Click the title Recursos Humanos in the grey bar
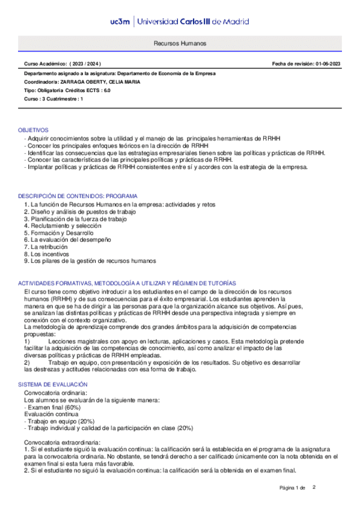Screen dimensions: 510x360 (180, 45)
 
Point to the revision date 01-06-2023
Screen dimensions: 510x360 (327, 63)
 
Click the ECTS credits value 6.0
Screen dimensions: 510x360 (106, 90)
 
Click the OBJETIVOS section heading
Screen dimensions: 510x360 (33, 130)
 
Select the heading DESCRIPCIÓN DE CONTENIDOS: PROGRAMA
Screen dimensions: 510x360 (78, 196)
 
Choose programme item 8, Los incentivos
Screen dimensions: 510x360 (47, 254)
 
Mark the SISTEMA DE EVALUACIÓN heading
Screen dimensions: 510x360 (53, 384)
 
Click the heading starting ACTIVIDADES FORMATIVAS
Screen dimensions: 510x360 (127, 283)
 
